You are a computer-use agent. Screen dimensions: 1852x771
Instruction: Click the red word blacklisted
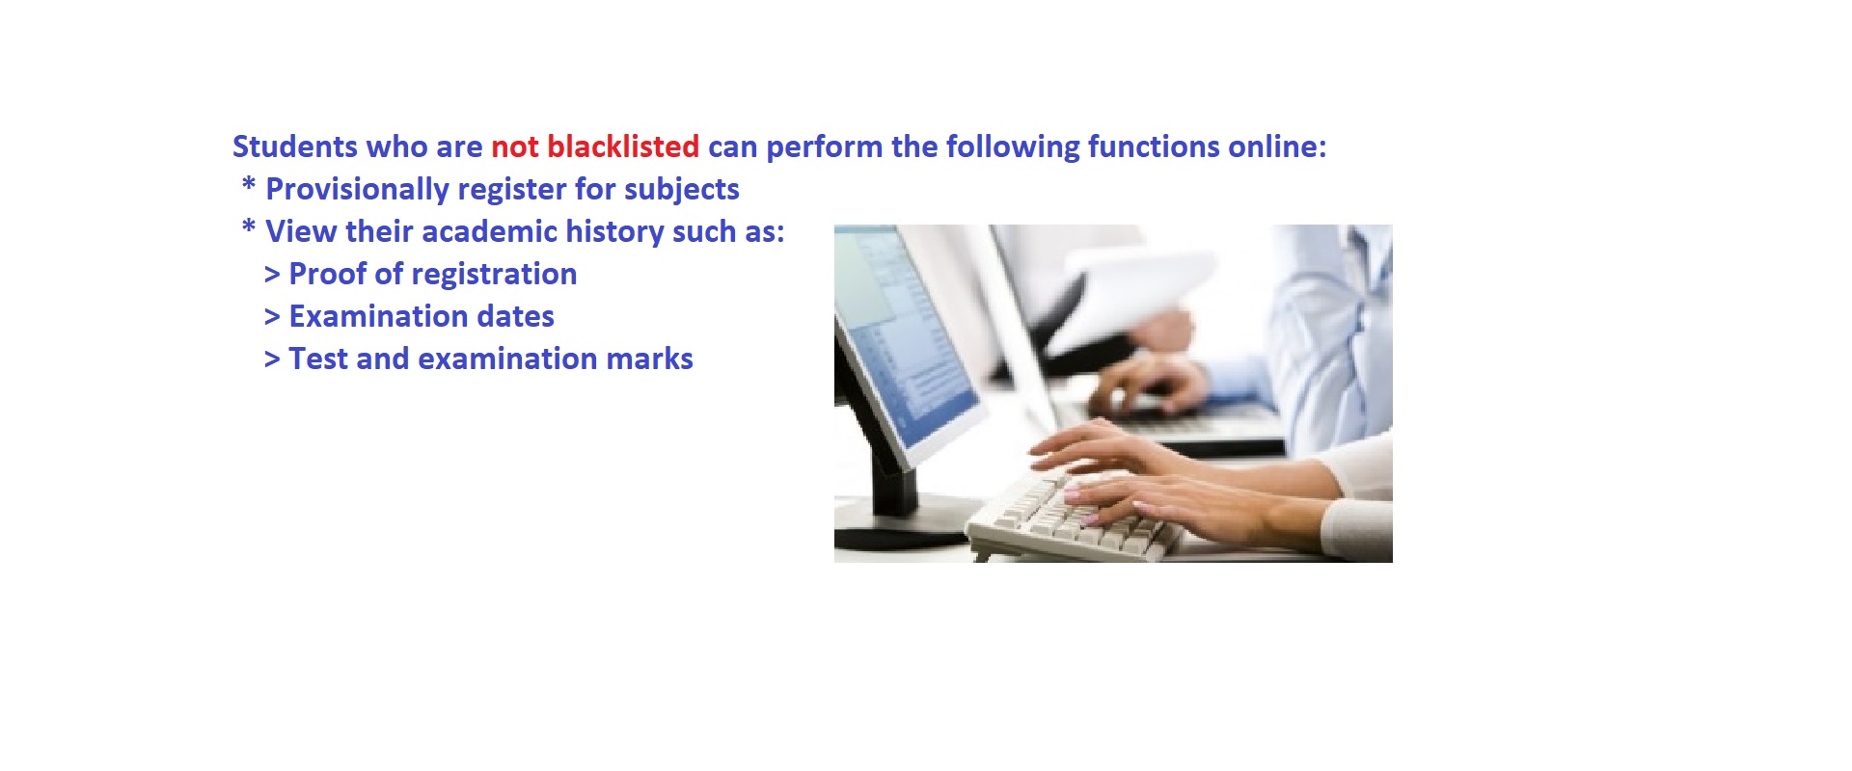623,146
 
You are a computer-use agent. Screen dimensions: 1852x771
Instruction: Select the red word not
515,147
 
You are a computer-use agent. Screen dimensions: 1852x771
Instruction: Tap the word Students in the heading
295,146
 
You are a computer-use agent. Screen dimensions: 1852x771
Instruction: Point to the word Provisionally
357,190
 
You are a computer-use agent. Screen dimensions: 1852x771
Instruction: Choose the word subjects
682,190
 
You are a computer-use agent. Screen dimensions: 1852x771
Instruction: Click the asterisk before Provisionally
249,184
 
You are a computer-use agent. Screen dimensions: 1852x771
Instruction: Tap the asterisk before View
249,226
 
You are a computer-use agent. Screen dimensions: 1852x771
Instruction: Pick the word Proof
328,274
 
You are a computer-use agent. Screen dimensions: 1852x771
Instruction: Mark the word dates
519,316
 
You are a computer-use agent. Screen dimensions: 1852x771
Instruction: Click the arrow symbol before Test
272,359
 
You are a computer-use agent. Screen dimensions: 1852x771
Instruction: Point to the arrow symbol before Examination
272,317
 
